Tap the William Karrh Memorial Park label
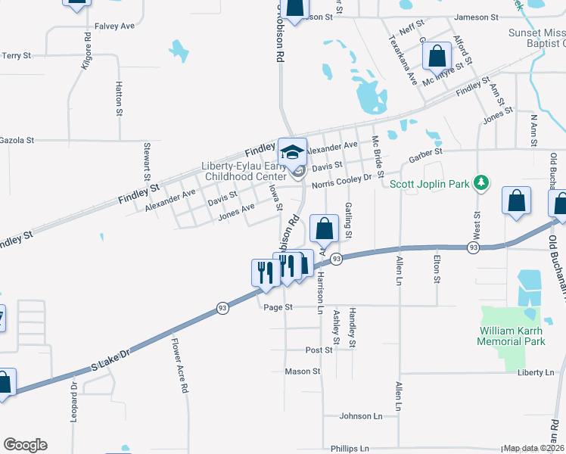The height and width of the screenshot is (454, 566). click(512, 336)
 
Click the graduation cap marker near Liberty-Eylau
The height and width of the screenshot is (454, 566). click(292, 151)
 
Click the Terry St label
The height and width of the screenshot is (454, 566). click(16, 55)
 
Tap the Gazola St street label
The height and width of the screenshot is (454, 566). click(17, 140)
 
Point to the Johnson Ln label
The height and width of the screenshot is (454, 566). click(361, 415)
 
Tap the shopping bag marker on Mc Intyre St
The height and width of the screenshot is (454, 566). click(437, 55)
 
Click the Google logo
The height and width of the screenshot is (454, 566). click(25, 445)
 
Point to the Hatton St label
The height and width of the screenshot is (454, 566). click(120, 99)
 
